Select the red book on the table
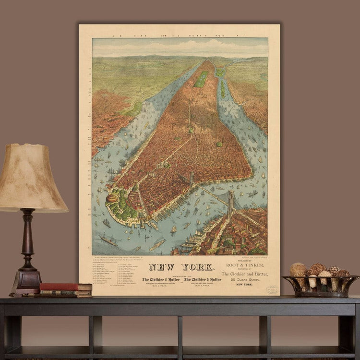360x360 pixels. pyautogui.click(x=65, y=287)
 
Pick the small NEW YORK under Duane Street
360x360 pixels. pyautogui.click(x=244, y=285)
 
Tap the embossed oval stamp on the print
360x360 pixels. pyautogui.click(x=272, y=289)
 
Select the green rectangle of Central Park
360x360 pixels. pyautogui.click(x=201, y=79)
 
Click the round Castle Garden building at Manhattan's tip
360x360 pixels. pyautogui.click(x=112, y=198)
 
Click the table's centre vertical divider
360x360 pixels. pyautogui.click(x=180, y=331)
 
